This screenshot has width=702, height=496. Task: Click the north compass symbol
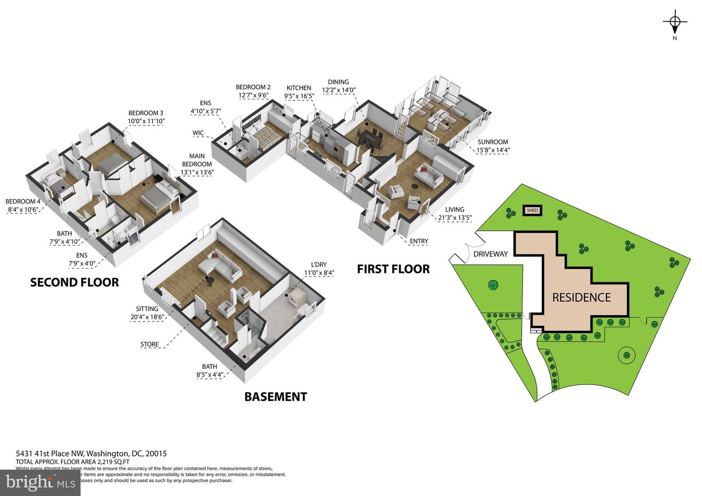click(x=675, y=22)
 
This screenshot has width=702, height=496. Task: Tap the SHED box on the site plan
click(x=532, y=210)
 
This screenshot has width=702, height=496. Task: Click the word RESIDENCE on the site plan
click(x=581, y=297)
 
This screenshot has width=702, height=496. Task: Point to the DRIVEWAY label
click(x=490, y=254)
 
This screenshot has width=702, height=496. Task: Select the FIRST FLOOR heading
click(x=393, y=269)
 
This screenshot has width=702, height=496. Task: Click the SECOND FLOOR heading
click(x=74, y=282)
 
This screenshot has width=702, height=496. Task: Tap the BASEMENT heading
click(x=275, y=397)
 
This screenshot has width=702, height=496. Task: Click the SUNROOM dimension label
click(x=493, y=146)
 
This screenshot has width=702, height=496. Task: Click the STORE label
click(x=149, y=344)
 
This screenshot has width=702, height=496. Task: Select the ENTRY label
click(x=419, y=241)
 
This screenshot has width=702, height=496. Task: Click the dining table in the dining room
click(x=370, y=138)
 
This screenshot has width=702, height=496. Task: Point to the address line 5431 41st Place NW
click(x=91, y=454)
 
